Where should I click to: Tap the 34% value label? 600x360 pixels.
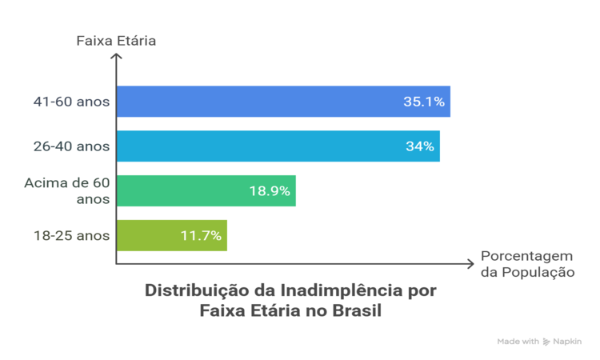click(x=419, y=146)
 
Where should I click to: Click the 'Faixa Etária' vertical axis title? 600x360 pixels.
click(x=116, y=40)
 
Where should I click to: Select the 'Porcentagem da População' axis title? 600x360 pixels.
click(x=527, y=264)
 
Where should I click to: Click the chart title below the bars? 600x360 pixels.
click(x=291, y=300)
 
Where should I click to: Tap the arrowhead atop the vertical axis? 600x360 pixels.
click(x=117, y=56)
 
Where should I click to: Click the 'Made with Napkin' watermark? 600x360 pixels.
click(x=539, y=340)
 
